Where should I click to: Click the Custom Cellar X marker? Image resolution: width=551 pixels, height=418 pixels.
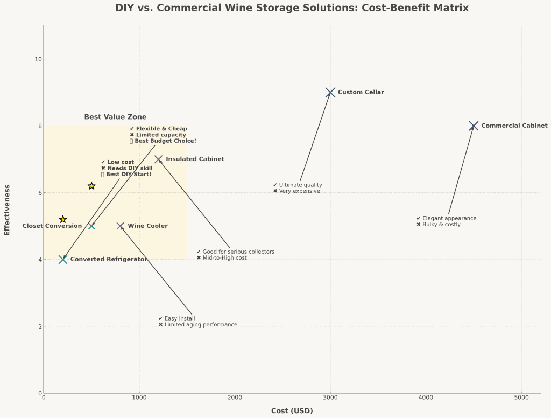(x=330, y=93)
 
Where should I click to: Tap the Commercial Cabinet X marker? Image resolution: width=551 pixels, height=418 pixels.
(x=474, y=126)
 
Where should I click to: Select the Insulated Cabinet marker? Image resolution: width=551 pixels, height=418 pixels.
(x=158, y=159)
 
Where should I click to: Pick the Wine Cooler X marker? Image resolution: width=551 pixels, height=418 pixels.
(x=120, y=226)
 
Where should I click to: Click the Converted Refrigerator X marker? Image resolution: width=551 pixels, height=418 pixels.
(x=63, y=260)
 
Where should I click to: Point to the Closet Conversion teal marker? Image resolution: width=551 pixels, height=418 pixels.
(x=91, y=226)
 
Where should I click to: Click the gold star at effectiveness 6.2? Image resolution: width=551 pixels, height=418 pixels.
(x=91, y=186)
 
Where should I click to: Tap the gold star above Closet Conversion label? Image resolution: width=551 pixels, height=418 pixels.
(x=63, y=219)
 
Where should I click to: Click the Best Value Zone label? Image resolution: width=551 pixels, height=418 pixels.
(x=115, y=117)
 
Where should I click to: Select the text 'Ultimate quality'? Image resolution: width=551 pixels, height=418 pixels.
(x=300, y=185)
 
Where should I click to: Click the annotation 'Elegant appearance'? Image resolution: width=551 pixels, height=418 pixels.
(x=449, y=219)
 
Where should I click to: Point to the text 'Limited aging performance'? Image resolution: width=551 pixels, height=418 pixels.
(x=201, y=325)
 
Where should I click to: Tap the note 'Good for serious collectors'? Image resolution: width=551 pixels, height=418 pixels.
(x=238, y=252)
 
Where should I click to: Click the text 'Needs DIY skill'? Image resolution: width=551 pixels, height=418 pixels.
(x=130, y=168)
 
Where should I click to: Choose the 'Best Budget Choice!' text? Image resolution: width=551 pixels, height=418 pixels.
(x=165, y=141)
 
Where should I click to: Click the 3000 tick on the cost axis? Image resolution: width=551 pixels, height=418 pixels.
(x=330, y=398)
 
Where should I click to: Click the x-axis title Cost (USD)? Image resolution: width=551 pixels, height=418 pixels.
(x=292, y=411)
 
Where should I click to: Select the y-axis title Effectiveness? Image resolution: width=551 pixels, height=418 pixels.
(x=7, y=210)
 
